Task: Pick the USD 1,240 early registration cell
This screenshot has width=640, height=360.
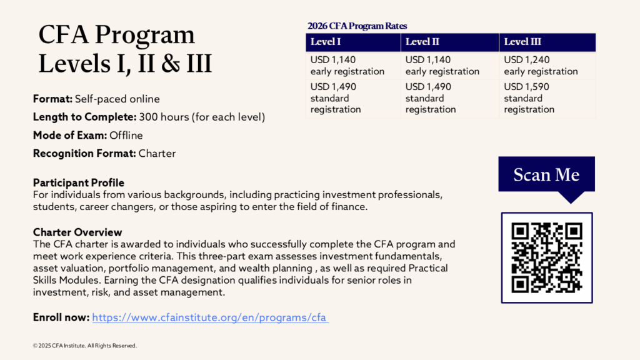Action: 541,66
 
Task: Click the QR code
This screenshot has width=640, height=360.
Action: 547,257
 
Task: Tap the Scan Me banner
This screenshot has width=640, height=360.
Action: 546,175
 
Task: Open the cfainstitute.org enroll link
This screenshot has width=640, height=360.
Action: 210,317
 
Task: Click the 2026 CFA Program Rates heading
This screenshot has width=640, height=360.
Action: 357,26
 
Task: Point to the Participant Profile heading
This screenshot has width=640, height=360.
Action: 79,183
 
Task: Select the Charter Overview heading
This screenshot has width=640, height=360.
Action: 77,232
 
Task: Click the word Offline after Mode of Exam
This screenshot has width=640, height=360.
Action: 126,135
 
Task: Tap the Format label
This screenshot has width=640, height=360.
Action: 52,99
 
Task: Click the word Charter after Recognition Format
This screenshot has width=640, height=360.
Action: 157,153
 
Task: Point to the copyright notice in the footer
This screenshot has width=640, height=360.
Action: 84,346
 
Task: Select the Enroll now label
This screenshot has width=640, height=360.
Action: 61,317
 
